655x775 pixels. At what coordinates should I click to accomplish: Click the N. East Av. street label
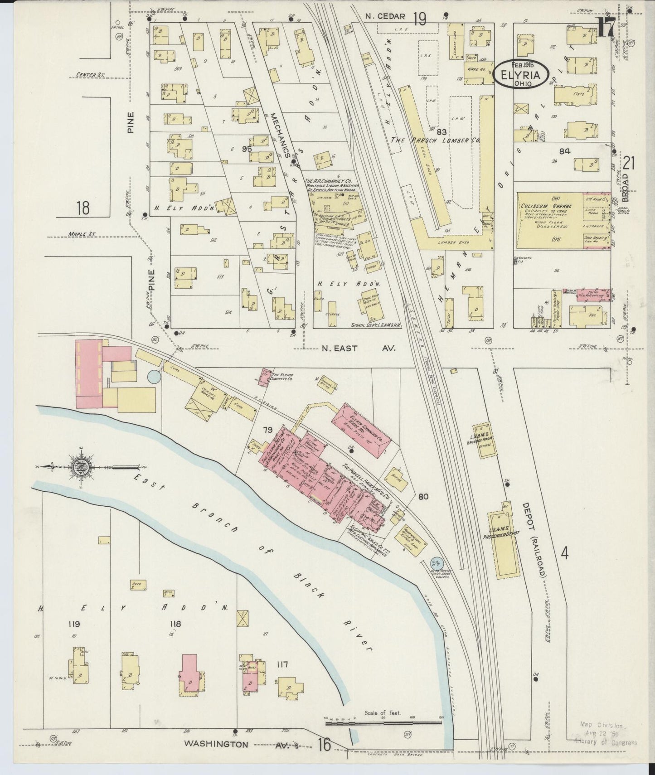pyautogui.click(x=358, y=348)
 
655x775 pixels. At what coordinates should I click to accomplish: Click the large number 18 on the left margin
pyautogui.click(x=82, y=208)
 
